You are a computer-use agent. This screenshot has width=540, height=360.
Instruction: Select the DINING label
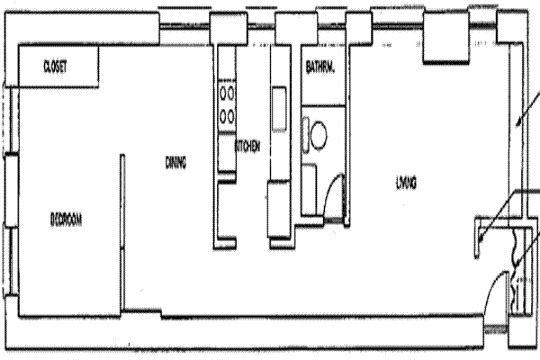coord(175,163)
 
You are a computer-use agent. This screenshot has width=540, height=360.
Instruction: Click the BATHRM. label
coord(320,67)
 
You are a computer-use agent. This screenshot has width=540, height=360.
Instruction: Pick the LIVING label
coord(406,184)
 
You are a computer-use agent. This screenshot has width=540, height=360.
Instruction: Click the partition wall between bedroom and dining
coord(121,234)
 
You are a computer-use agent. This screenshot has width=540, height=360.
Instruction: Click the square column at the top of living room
coord(443,45)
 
